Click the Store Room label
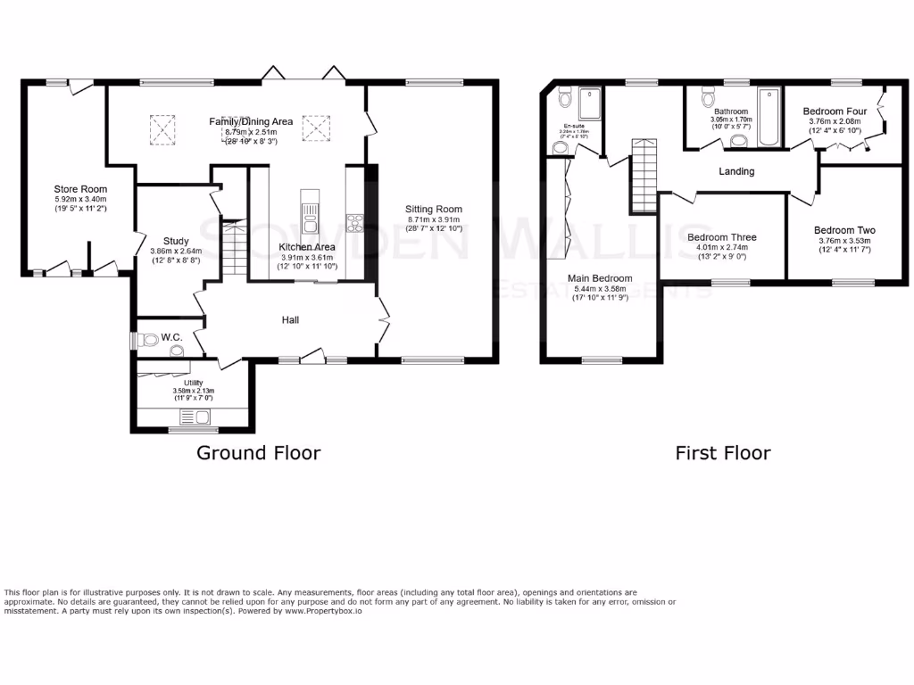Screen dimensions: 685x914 (x=80, y=189)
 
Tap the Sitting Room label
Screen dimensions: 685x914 (x=435, y=209)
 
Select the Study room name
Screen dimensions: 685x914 (x=176, y=241)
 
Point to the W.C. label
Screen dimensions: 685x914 (x=171, y=338)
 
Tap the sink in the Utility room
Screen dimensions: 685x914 (x=195, y=417)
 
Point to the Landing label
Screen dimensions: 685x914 (x=736, y=171)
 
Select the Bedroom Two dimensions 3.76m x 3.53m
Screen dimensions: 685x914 (x=843, y=240)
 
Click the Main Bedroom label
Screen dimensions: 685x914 (x=600, y=278)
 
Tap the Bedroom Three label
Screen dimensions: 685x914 (x=722, y=237)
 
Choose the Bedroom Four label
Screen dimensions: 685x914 (x=834, y=111)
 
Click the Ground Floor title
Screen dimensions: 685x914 (x=258, y=453)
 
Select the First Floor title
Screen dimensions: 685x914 (x=722, y=453)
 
